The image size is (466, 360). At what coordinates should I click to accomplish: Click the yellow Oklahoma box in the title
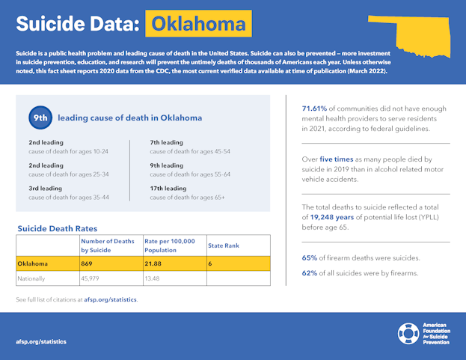point(198,24)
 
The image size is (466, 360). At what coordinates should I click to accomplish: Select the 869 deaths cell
point(91,263)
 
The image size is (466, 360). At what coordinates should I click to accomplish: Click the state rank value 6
point(211,263)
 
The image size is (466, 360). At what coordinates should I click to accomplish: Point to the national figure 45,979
point(93,278)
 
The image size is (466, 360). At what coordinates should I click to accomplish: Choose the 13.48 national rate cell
point(153,278)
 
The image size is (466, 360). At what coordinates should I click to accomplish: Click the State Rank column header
point(224,245)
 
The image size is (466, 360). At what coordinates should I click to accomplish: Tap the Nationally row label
point(32,278)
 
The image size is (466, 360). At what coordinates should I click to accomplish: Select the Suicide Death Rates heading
point(58,227)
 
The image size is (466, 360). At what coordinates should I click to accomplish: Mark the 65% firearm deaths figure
point(310,258)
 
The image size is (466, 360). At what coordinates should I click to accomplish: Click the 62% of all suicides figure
point(310,272)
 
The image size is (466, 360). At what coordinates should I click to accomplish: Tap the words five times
point(339,159)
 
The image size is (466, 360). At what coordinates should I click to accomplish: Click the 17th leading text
point(167,189)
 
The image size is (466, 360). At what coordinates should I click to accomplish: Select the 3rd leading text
point(46,189)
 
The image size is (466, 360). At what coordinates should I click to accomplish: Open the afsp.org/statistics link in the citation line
point(110,299)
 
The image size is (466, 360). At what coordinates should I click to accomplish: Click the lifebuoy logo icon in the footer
point(409,334)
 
